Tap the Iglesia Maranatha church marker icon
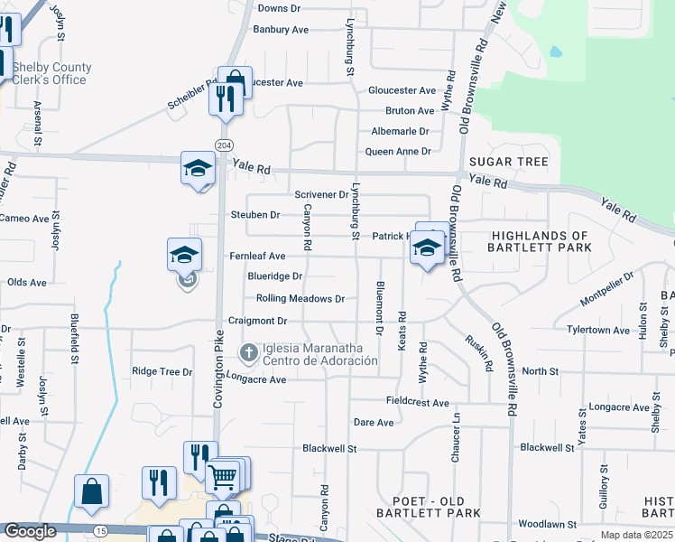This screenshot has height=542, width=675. click(x=248, y=350)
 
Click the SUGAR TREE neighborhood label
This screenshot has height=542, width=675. click(x=509, y=162)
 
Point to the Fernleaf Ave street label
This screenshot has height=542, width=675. click(x=257, y=257)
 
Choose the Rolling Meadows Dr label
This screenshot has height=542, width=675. click(x=301, y=298)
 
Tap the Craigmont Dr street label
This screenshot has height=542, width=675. click(x=257, y=321)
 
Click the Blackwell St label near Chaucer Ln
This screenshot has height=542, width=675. click(x=547, y=447)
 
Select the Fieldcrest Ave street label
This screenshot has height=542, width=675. click(x=417, y=403)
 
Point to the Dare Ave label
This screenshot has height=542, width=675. click(x=374, y=422)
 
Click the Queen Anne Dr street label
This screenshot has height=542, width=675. click(x=397, y=151)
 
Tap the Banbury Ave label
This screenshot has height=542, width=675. click(x=281, y=30)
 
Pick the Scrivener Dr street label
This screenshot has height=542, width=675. click(x=321, y=194)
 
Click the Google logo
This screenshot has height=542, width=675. click(x=30, y=531)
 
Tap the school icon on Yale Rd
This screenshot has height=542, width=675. click(x=198, y=168)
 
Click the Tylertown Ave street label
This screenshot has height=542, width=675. click(x=598, y=331)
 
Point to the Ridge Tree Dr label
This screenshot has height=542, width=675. click(x=162, y=371)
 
